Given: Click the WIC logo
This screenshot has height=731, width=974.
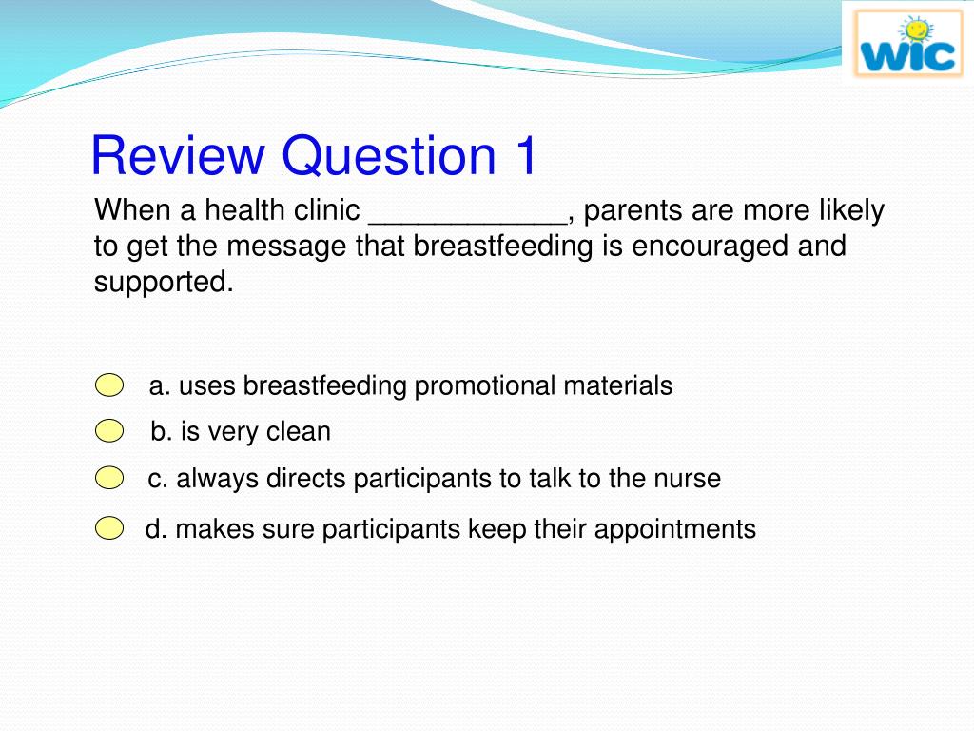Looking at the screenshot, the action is coord(908,44).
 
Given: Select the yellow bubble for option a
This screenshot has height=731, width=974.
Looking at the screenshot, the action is coord(109,385).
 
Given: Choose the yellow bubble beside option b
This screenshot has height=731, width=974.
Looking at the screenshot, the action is coord(109,431).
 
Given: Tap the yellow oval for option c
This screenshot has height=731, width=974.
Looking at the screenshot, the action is coord(109,478).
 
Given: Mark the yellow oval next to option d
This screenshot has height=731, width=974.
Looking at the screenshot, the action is coord(109,528).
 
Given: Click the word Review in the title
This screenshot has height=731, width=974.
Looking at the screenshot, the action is coord(178,155).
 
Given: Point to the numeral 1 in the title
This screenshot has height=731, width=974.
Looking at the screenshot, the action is coord(525,155).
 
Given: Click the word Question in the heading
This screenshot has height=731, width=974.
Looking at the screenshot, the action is coord(389,155).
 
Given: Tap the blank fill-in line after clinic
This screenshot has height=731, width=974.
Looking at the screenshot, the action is coord(468,222).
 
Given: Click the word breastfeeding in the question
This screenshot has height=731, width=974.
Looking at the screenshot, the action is coord(503,246).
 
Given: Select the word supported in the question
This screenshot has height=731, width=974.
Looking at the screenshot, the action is coord(164,282).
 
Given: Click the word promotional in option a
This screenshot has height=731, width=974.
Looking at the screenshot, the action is coord(484,386).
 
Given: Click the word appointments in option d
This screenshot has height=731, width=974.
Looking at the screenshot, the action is coord(674,529).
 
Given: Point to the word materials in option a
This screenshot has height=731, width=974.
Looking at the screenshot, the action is coord(617,386).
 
